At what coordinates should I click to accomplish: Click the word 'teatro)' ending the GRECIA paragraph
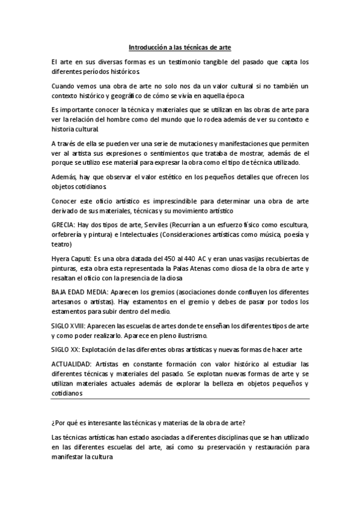coord(61,244)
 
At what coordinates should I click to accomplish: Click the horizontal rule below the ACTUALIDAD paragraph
coord(180,398)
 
